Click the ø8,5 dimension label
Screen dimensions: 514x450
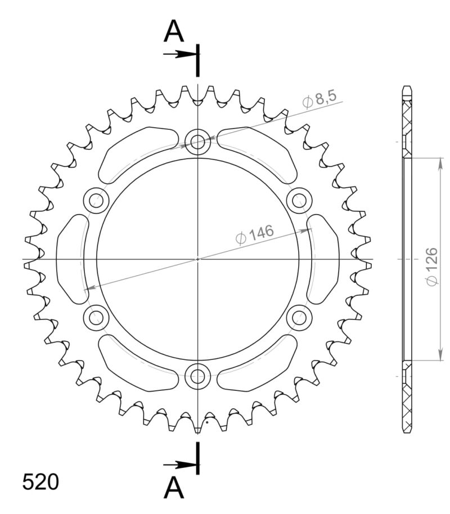(x=319, y=101)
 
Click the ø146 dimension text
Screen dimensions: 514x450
(x=255, y=235)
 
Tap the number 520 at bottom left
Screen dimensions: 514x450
(x=40, y=482)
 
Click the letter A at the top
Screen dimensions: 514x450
(x=174, y=33)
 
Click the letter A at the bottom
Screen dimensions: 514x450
(x=174, y=489)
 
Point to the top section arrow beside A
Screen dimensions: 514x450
(x=179, y=55)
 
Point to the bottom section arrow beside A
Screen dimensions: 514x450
(x=179, y=465)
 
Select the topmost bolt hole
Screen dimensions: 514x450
(x=197, y=141)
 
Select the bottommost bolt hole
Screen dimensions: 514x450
(x=197, y=375)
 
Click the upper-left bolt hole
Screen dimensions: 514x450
(x=96, y=200)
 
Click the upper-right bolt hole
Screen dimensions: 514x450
(x=299, y=200)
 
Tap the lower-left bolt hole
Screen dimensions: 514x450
(x=96, y=317)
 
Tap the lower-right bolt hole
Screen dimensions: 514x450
(x=299, y=317)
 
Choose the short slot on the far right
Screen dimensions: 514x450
(x=324, y=259)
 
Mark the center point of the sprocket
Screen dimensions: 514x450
(x=197, y=259)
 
